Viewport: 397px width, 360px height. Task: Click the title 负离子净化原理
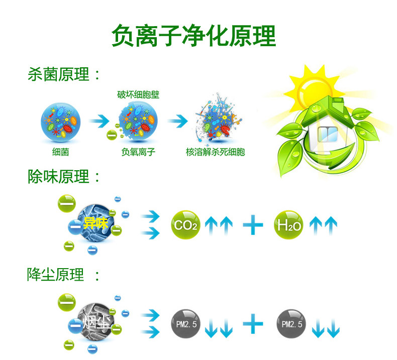tap(193, 36)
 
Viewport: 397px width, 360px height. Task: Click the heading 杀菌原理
tap(59, 75)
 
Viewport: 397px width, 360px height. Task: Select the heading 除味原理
tap(59, 176)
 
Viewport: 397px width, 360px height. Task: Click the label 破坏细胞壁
tap(138, 94)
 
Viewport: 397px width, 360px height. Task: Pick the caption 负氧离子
tap(138, 151)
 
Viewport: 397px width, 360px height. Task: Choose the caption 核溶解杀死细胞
tap(215, 151)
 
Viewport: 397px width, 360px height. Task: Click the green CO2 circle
tap(186, 225)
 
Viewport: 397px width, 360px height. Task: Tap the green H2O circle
tap(288, 225)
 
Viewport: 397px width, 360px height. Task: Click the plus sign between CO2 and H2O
tap(253, 225)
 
